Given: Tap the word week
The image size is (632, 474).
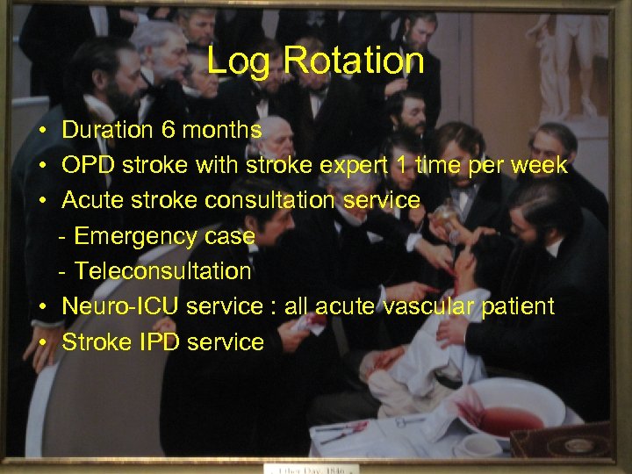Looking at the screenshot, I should pos(538,165).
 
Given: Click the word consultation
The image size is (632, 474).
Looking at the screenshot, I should pos(274,200).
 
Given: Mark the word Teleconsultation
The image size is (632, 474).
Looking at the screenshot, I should pos(162,271).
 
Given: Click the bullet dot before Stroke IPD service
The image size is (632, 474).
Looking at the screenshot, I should pos(42,342).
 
